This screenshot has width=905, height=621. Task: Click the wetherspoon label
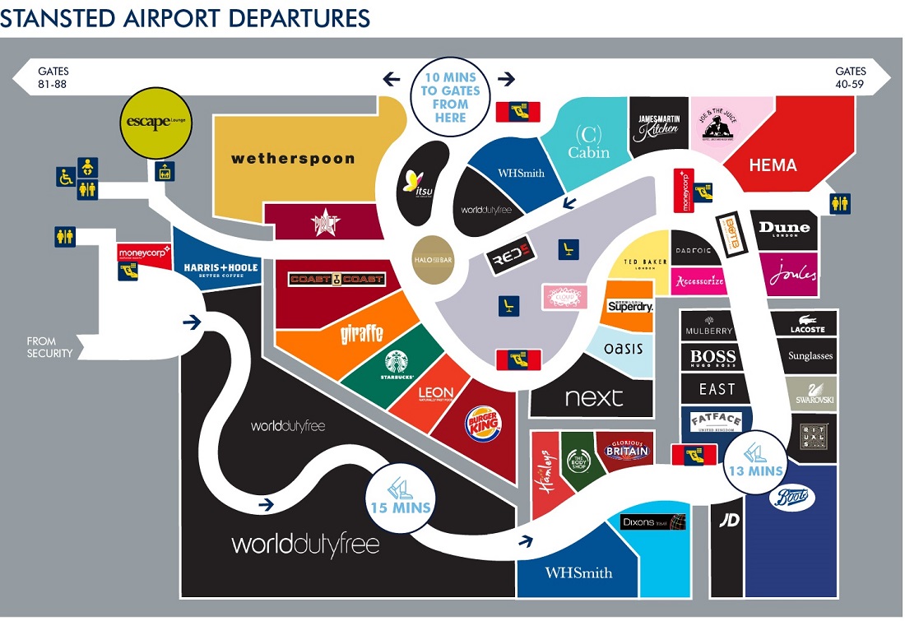pyautogui.click(x=293, y=159)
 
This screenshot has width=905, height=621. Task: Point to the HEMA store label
pyautogui.click(x=773, y=165)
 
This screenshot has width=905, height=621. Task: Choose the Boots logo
pyautogui.click(x=791, y=498)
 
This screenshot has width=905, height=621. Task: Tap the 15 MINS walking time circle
pyautogui.click(x=401, y=495)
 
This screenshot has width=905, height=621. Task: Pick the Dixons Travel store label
pyautogui.click(x=653, y=521)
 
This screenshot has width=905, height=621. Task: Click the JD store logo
pyautogui.click(x=727, y=519)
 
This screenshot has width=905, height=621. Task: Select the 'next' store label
pyautogui.click(x=594, y=398)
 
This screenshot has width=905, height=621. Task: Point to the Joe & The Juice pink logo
pyautogui.click(x=717, y=125)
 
